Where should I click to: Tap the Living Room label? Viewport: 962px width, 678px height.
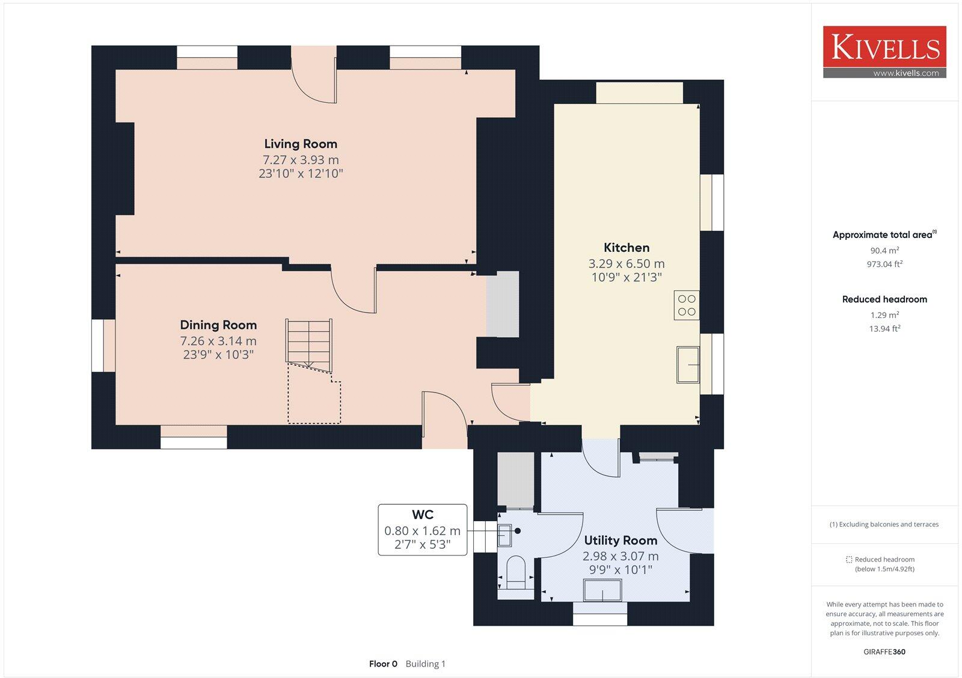pyautogui.click(x=301, y=144)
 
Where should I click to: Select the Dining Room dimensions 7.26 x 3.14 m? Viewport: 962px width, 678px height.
pyautogui.click(x=218, y=341)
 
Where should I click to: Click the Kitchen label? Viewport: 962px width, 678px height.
pyautogui.click(x=627, y=248)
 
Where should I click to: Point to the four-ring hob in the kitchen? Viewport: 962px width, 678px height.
pyautogui.click(x=687, y=305)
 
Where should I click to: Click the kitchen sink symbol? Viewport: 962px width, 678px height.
pyautogui.click(x=688, y=364)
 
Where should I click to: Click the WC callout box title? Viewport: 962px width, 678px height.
pyautogui.click(x=423, y=515)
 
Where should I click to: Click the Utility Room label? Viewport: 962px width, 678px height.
pyautogui.click(x=620, y=540)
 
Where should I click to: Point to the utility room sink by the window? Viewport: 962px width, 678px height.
pyautogui.click(x=603, y=590)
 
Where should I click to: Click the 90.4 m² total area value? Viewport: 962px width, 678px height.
pyautogui.click(x=884, y=251)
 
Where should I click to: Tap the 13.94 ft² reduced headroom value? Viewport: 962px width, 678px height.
pyautogui.click(x=884, y=328)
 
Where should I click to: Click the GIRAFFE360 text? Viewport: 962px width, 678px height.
pyautogui.click(x=884, y=652)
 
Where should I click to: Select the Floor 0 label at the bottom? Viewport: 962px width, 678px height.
pyautogui.click(x=383, y=664)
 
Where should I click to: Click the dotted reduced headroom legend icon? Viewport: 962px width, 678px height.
pyautogui.click(x=849, y=560)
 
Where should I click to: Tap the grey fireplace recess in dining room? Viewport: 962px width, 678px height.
pyautogui.click(x=503, y=304)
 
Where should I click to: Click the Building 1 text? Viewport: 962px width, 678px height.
pyautogui.click(x=425, y=664)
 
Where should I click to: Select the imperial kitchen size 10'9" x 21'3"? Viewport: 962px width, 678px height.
pyautogui.click(x=627, y=277)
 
